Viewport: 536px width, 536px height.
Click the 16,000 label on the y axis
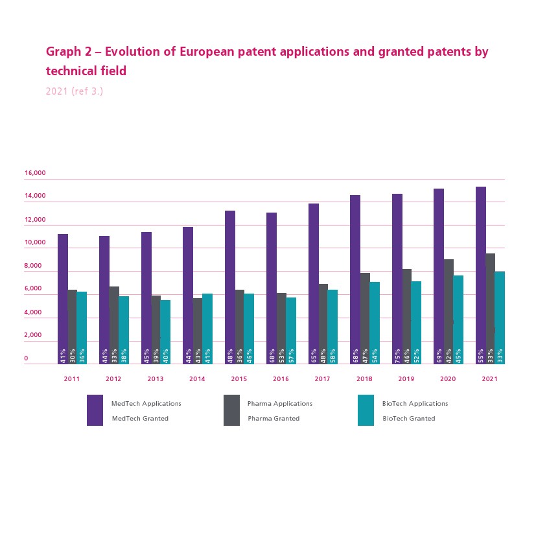(x=35, y=173)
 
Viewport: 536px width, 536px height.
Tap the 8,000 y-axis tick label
(x=32, y=266)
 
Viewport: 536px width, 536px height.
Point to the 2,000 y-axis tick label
(x=32, y=335)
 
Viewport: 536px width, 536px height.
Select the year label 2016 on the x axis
(x=281, y=379)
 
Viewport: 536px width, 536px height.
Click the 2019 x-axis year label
(x=406, y=379)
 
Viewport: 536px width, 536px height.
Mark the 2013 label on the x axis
(x=156, y=379)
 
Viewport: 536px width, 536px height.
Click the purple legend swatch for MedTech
(x=95, y=410)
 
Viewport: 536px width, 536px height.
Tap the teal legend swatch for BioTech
(x=366, y=410)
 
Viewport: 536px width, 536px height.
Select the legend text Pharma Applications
(x=280, y=404)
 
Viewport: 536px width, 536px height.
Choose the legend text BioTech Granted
(x=408, y=419)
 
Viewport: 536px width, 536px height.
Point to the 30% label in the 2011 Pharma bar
(x=73, y=355)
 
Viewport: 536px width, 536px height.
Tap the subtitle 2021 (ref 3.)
(x=75, y=91)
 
